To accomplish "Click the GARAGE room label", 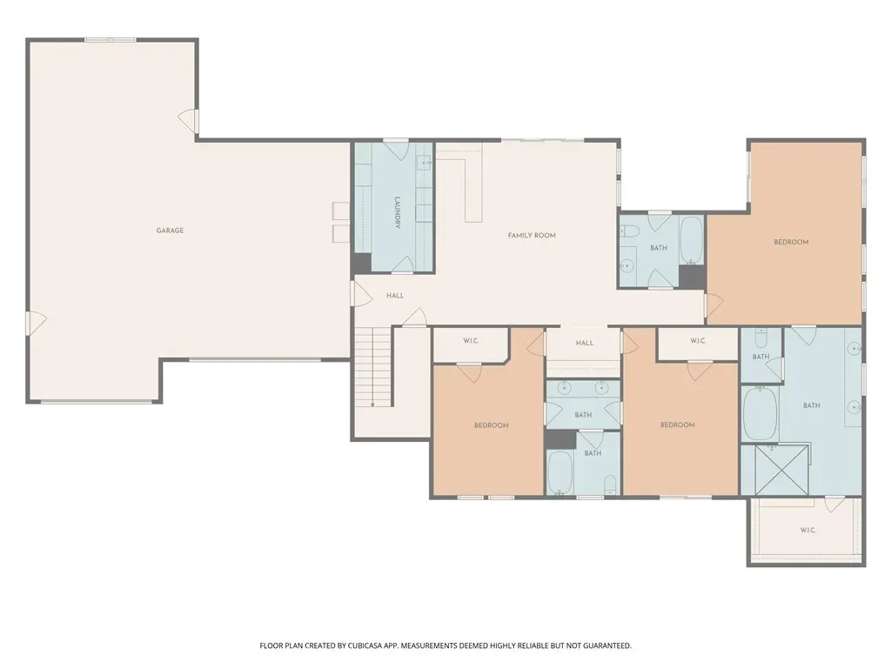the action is pos(170,230).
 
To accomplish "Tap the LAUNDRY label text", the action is pos(398,212).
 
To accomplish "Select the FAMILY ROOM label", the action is pos(532,235).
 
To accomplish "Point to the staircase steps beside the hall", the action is pos(373,366).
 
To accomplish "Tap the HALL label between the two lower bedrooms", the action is pos(584,343).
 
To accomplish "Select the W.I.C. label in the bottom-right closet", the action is pos(808,531).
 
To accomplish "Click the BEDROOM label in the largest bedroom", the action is pos(791,242).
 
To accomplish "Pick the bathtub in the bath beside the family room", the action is pos(692,240).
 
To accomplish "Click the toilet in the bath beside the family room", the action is pos(630,230).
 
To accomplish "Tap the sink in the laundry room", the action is pos(425,164).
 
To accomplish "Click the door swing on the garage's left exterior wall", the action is pos(37,324).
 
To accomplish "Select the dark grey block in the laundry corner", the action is pos(361,263).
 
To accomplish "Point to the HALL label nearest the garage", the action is pos(395,296).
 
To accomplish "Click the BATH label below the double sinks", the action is pos(583,415).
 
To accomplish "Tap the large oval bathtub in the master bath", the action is pos(760,413).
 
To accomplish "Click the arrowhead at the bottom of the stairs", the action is pos(372,405).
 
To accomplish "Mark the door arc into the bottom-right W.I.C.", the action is pos(834,504).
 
